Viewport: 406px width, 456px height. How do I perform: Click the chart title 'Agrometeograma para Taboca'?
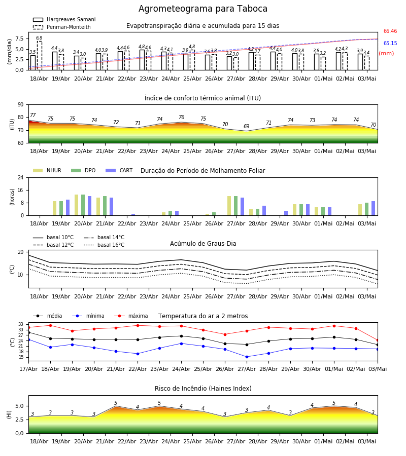tap(202, 9)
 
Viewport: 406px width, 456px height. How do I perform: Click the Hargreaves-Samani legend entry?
tap(64, 19)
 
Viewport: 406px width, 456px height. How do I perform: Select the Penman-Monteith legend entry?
tap(62, 27)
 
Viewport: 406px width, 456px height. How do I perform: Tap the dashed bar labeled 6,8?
tap(39, 56)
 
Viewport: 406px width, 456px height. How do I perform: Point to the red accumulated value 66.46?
tap(390, 31)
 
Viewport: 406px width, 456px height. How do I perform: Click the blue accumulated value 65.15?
tap(390, 44)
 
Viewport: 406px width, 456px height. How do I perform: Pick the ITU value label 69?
tap(247, 126)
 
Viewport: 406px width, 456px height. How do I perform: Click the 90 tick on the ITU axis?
tap(21, 105)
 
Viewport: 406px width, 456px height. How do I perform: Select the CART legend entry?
tap(119, 170)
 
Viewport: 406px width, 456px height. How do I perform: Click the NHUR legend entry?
tap(47, 170)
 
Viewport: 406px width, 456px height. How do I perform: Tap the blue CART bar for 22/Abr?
tap(133, 215)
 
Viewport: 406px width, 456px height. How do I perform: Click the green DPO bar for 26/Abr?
tap(214, 214)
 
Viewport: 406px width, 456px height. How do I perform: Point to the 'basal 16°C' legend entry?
tap(104, 245)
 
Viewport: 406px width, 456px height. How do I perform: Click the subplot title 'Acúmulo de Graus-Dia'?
tap(203, 244)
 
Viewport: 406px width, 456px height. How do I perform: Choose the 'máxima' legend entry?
tap(131, 316)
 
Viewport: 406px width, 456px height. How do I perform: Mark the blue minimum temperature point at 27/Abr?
tap(247, 357)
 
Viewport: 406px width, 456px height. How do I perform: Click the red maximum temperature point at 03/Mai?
tap(378, 340)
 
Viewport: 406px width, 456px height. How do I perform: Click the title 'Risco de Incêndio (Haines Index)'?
tap(203, 389)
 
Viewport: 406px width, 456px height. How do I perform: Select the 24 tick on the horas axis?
tap(21, 177)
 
